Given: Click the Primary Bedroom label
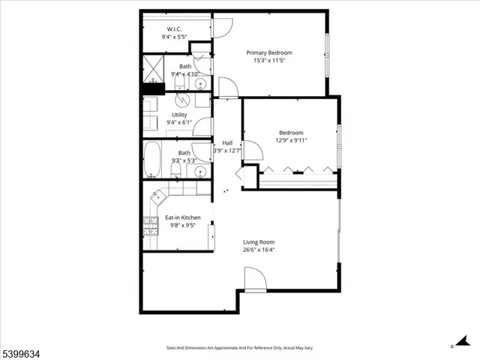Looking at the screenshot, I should (x=269, y=52).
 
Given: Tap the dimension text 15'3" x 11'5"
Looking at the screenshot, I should (x=269, y=61).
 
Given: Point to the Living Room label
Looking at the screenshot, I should (x=259, y=241).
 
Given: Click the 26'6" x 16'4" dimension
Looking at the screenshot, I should (x=259, y=250).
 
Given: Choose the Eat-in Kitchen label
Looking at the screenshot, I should (x=182, y=217).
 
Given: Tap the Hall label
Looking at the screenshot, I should (x=227, y=142).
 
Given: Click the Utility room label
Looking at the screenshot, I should (x=179, y=115).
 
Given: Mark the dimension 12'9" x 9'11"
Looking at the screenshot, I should (x=292, y=139).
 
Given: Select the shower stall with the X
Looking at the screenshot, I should (x=154, y=68).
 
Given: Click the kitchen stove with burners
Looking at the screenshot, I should (x=150, y=226).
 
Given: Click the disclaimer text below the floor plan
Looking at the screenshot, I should (x=240, y=348).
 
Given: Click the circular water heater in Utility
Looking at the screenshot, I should (x=181, y=100).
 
